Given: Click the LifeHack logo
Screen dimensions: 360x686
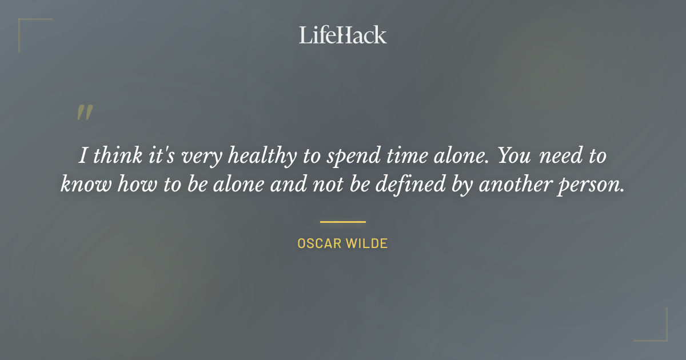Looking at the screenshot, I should pyautogui.click(x=342, y=35).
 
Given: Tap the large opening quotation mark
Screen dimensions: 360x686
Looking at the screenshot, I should pyautogui.click(x=85, y=113).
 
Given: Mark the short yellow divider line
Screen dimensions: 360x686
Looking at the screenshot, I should pyautogui.click(x=342, y=222).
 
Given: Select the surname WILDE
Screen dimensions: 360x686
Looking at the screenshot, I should pyautogui.click(x=366, y=243).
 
